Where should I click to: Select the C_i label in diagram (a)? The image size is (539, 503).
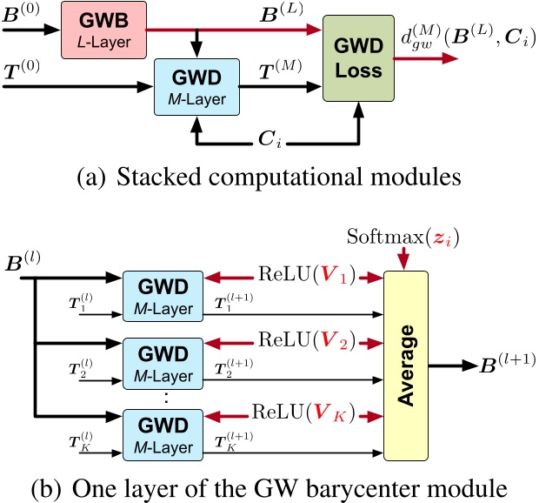click(x=283, y=137)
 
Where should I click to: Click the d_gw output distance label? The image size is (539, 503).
click(x=463, y=42)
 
